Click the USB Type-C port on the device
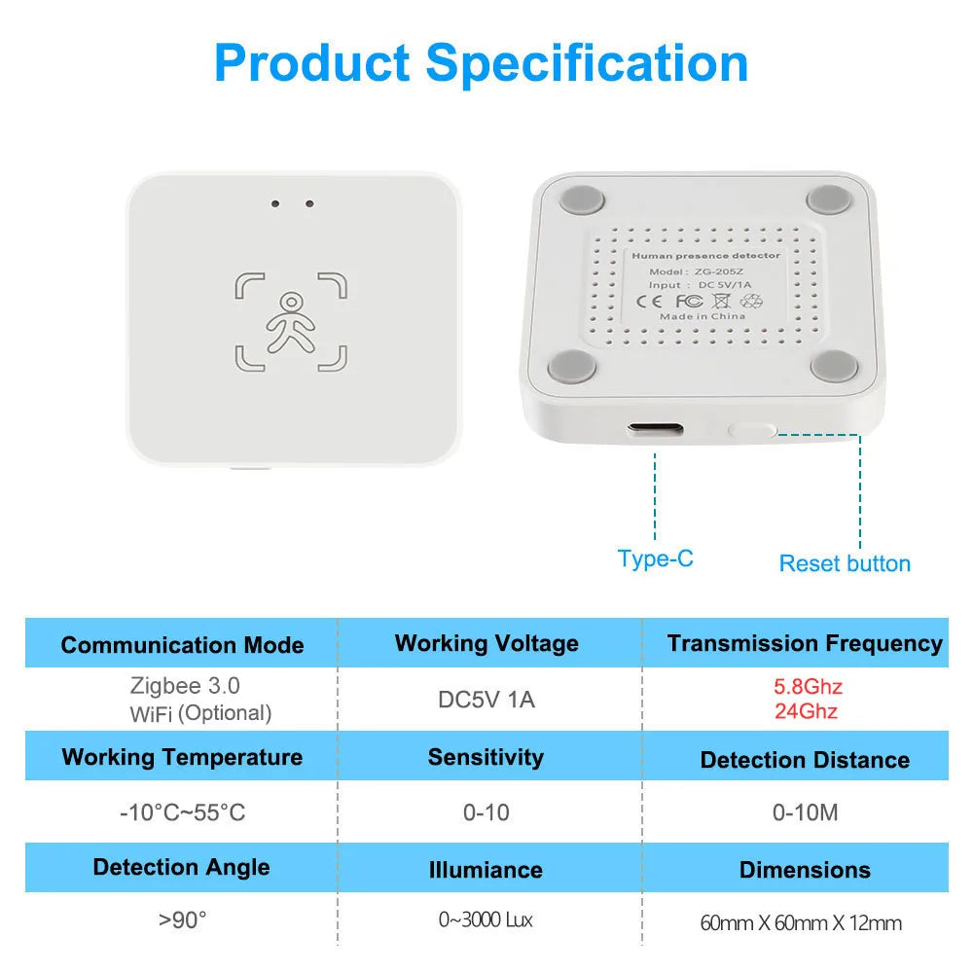coord(655,429)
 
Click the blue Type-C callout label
coord(655,559)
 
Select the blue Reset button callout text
coord(845,563)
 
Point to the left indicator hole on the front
coord(275,204)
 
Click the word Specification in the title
coord(587,63)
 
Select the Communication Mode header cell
coord(182,644)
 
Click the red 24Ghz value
coord(806,711)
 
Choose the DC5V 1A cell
coord(486,700)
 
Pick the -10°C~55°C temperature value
coord(183,812)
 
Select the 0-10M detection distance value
coord(805,812)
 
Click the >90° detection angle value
coord(183,919)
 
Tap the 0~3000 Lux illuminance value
coord(486,919)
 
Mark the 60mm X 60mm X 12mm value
coord(801,922)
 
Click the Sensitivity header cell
coord(486,757)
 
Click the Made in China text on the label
coord(703,316)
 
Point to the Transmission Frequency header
coord(805,643)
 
